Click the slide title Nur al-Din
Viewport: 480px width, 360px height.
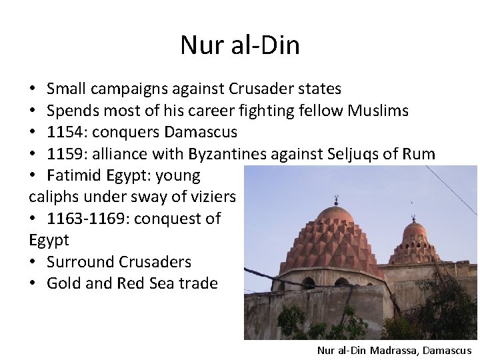coord(240,45)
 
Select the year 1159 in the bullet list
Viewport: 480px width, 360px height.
coord(65,154)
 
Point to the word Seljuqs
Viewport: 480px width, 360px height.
coord(360,154)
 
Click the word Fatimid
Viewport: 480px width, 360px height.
coord(73,176)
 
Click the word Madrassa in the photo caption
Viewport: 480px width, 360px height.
coord(393,350)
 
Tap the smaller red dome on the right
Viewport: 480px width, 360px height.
coord(415,243)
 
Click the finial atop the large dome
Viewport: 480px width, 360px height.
coord(336,199)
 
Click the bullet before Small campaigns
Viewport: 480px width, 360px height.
coord(33,89)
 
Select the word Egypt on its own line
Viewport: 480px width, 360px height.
coord(49,240)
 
